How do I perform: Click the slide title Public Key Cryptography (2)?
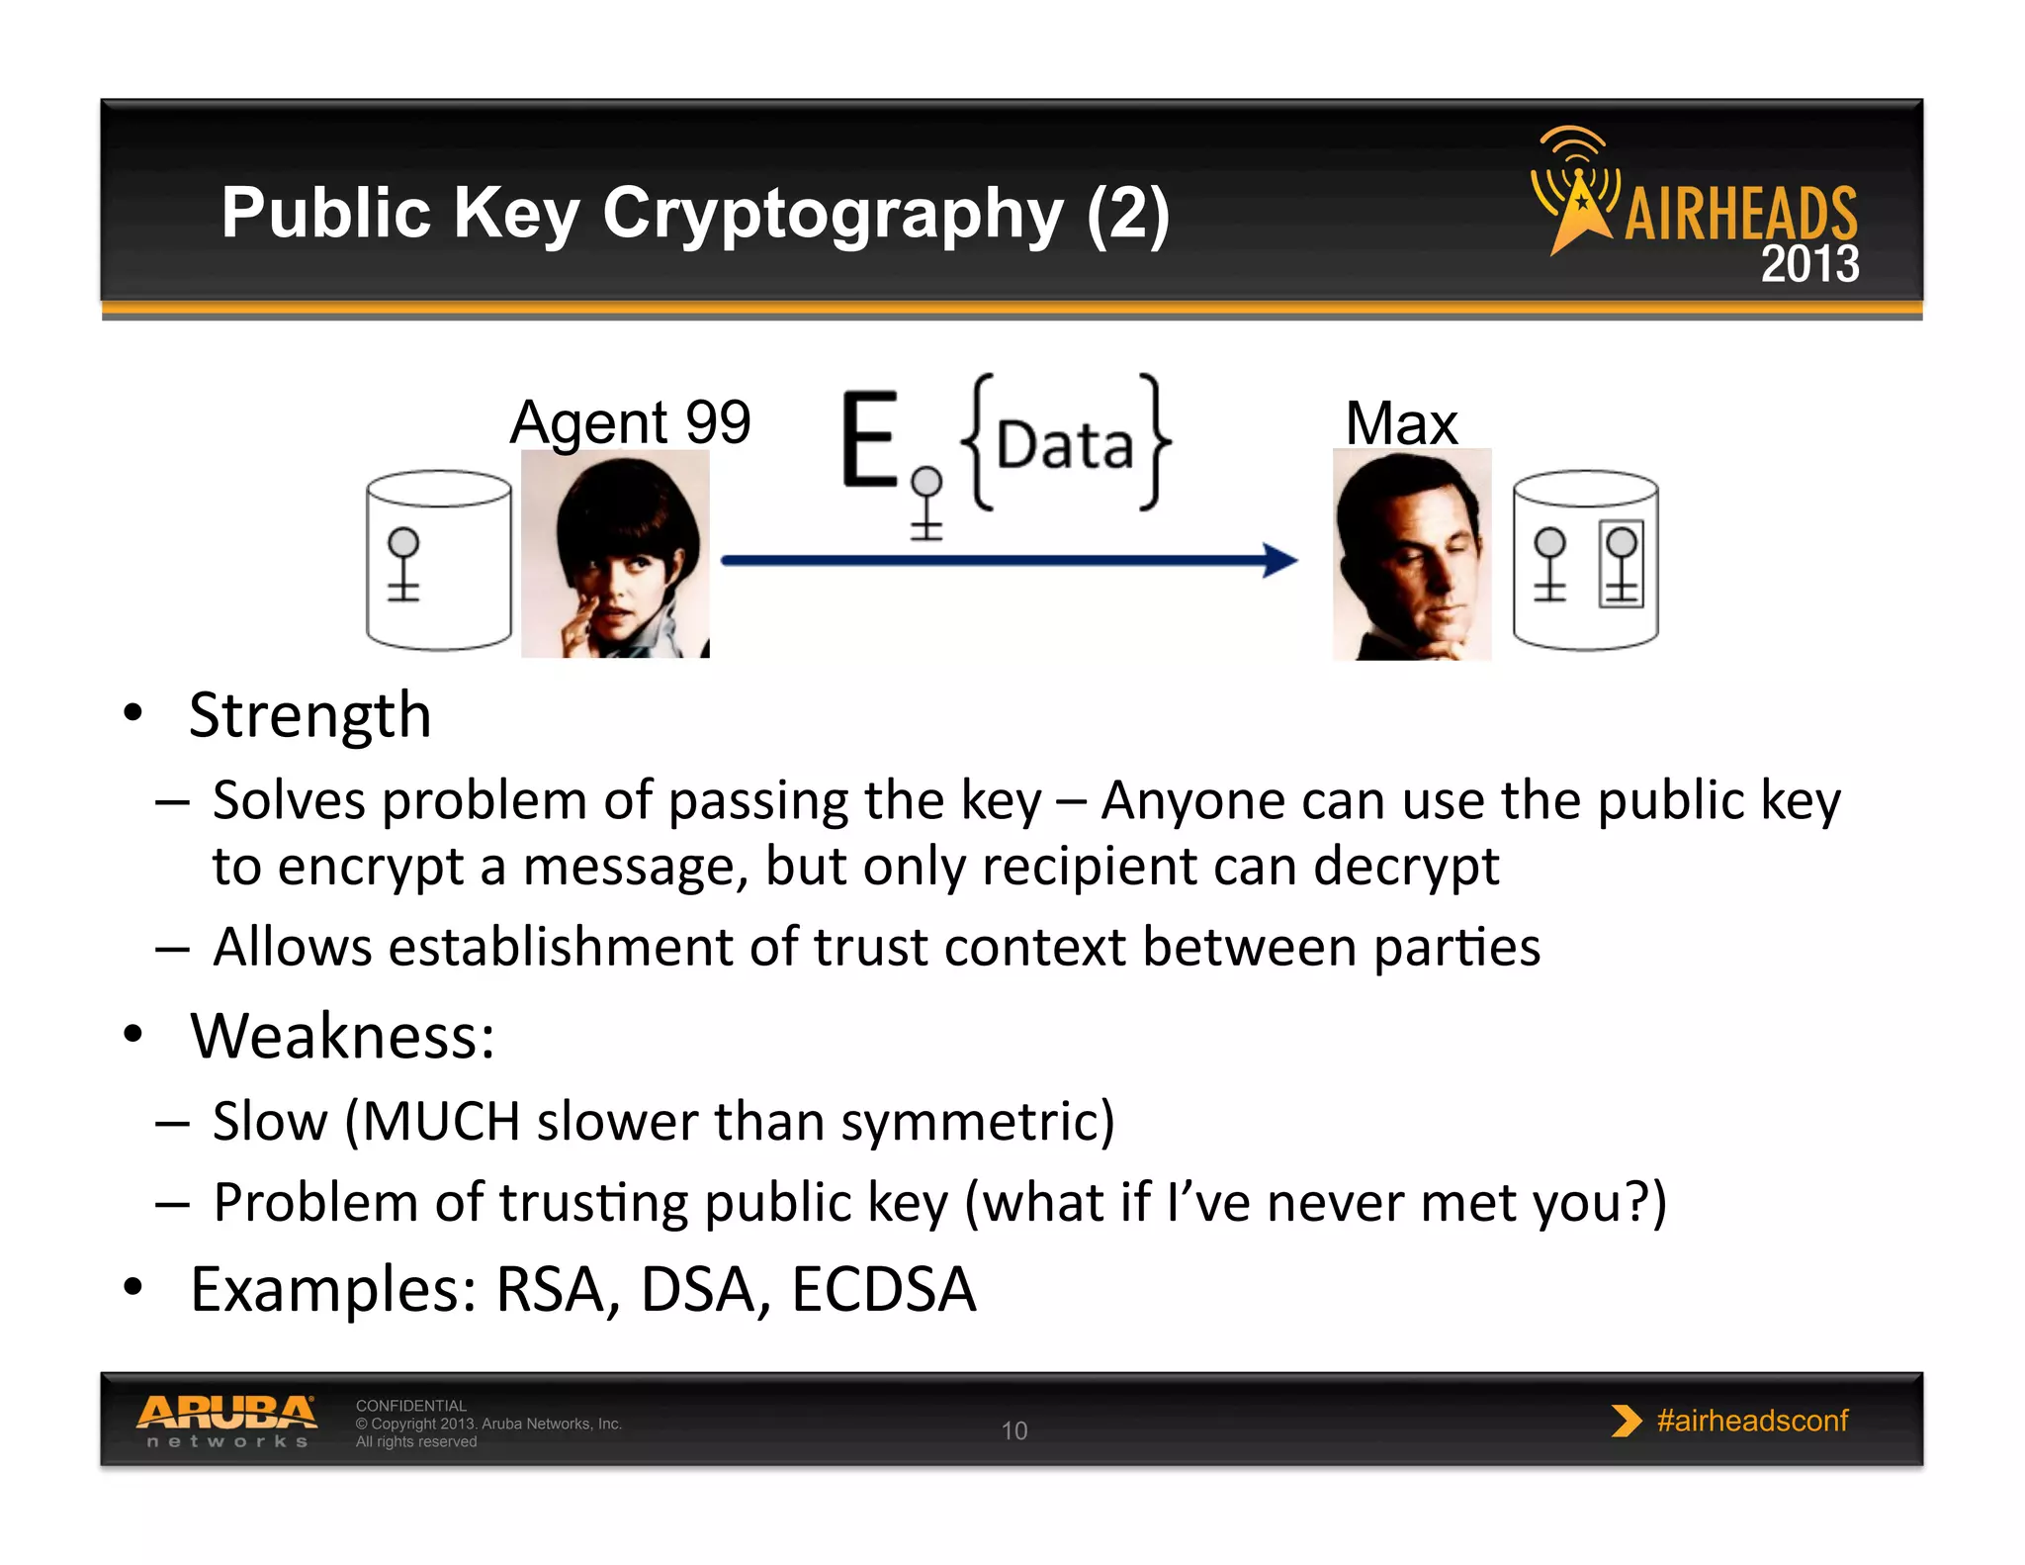click(695, 214)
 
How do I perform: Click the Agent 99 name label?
click(630, 422)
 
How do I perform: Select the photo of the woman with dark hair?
click(615, 554)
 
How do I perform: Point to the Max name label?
click(1401, 424)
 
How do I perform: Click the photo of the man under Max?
click(1411, 555)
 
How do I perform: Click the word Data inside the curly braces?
click(1064, 446)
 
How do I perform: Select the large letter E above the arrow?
click(869, 440)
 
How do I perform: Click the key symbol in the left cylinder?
click(403, 564)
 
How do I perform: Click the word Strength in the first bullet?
click(309, 715)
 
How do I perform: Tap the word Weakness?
click(342, 1036)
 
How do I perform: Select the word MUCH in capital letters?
click(442, 1122)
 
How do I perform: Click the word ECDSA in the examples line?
click(883, 1290)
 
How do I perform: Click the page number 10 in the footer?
click(1014, 1430)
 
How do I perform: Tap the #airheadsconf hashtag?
click(1751, 1421)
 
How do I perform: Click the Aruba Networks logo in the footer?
click(226, 1421)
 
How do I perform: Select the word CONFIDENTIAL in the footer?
click(410, 1406)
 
